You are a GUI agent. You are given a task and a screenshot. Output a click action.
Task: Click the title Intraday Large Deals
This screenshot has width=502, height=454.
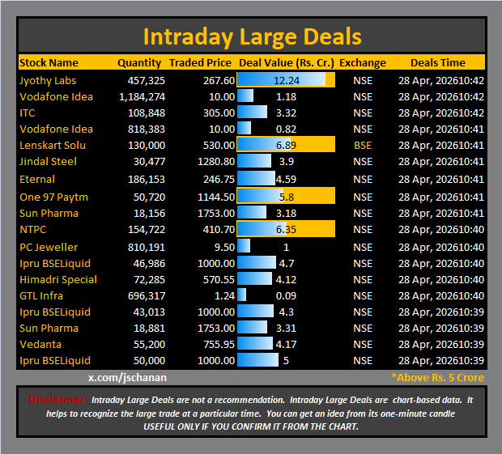(x=252, y=37)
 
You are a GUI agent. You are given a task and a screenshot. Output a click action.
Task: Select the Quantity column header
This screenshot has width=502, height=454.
(x=138, y=62)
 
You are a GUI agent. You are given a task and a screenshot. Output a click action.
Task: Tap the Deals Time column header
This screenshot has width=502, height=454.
(x=437, y=62)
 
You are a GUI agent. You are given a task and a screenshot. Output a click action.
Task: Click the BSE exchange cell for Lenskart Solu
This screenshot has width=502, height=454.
(x=363, y=146)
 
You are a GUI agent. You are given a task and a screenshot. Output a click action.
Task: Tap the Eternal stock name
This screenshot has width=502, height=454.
(x=37, y=179)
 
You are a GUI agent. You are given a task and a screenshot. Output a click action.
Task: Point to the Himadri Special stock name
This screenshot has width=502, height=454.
(x=58, y=279)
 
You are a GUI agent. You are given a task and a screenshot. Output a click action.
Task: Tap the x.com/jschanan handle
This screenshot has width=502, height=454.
(x=128, y=377)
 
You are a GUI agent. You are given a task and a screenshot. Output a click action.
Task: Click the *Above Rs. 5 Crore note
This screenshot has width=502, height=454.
(x=437, y=377)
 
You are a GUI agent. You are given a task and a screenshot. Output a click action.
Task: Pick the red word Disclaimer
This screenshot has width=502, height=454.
(x=58, y=399)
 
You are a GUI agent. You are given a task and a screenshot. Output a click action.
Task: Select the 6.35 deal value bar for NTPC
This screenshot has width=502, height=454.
(x=286, y=230)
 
